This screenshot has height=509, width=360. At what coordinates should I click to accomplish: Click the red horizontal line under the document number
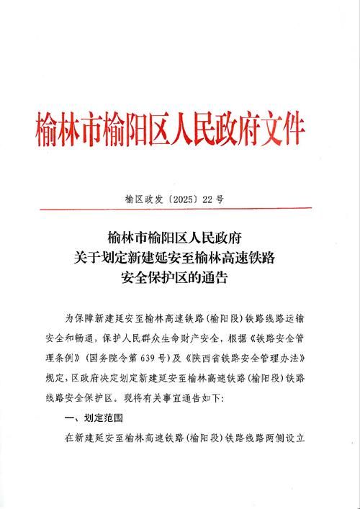pos(180,210)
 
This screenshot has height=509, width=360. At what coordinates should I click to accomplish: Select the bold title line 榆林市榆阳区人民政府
pos(179,236)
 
